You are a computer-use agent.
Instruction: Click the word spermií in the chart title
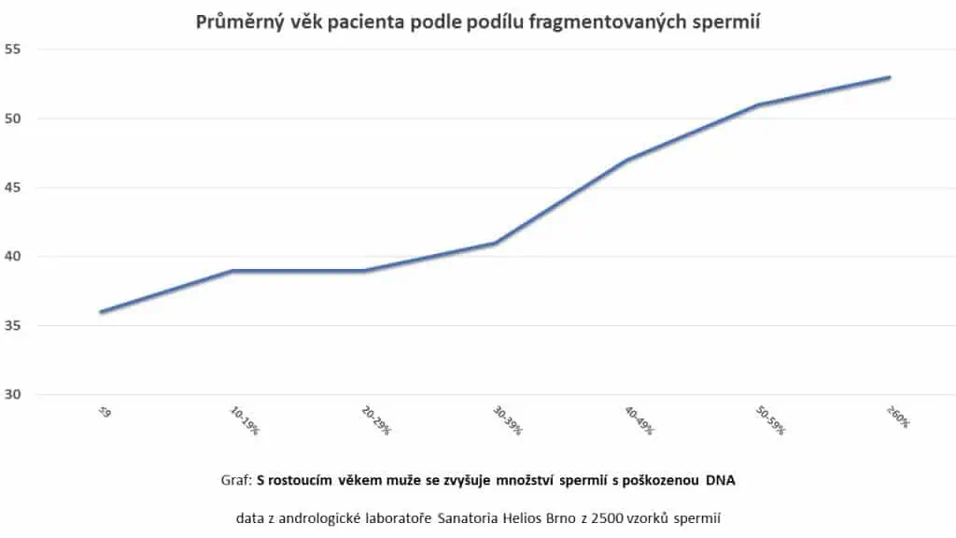pyautogui.click(x=726, y=22)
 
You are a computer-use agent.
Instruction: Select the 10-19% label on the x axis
pyautogui.click(x=246, y=420)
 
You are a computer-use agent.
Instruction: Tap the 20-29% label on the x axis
pyautogui.click(x=377, y=420)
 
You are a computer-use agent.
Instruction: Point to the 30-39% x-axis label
pyautogui.click(x=509, y=420)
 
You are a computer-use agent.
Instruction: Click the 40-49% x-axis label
pyautogui.click(x=640, y=420)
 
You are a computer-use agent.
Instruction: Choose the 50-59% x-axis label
pyautogui.click(x=772, y=420)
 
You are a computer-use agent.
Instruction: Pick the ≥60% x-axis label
pyautogui.click(x=898, y=418)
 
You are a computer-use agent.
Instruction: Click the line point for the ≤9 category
pyautogui.click(x=100, y=312)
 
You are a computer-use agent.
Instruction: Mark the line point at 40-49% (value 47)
pyautogui.click(x=626, y=160)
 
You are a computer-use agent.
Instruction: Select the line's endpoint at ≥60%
pyautogui.click(x=890, y=78)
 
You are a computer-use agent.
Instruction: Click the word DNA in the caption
pyautogui.click(x=720, y=480)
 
